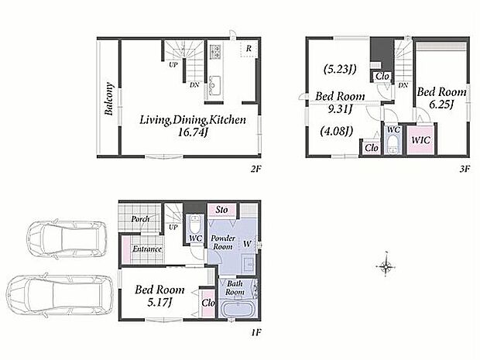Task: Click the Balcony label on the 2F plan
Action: pos(109,98)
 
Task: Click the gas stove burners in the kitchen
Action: pos(215,52)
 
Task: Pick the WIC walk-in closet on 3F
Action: pos(421,140)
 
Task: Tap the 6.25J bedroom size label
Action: pos(441,105)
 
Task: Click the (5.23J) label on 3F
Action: pos(340,69)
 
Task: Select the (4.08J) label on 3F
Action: pos(337,132)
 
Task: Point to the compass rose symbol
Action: pos(386,266)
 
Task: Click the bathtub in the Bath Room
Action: pos(237,309)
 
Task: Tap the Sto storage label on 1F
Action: pos(221,210)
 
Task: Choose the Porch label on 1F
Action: pos(140,219)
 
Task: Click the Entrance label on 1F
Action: pos(147,249)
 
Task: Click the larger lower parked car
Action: pos(60,295)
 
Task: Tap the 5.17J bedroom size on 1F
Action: pos(159,303)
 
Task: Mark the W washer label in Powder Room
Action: pos(247,244)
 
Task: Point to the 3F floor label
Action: pos(465,169)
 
